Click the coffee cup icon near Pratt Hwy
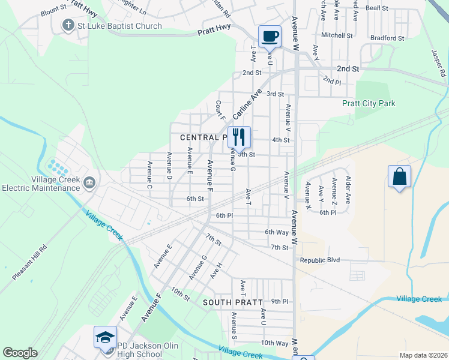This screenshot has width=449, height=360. point(270,35)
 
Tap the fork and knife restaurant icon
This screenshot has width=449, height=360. point(239,137)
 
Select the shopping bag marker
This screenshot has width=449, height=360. point(399,176)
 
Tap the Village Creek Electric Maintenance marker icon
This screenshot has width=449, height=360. point(89,182)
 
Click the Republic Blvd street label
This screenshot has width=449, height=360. point(320,260)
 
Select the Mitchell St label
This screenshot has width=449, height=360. point(337,35)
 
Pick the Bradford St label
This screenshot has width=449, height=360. point(387,38)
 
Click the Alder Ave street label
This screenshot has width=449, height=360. point(348,188)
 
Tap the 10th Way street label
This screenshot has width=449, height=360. point(275,343)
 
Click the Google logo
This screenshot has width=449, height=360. point(20,353)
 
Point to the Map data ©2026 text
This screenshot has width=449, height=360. point(423,355)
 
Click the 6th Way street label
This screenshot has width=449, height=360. point(277,232)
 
